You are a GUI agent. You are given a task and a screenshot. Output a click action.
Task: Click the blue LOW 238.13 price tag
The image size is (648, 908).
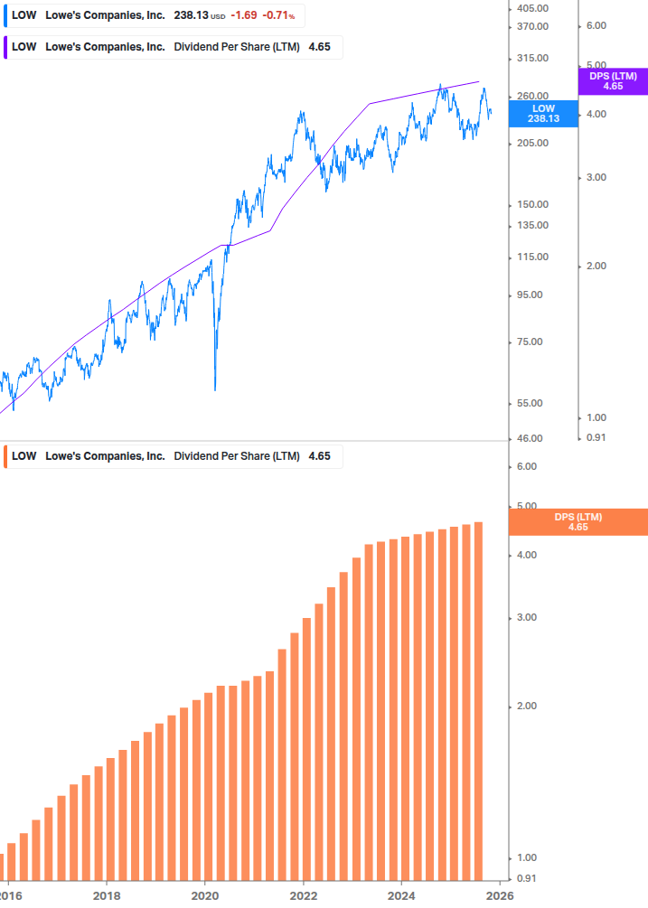(543, 113)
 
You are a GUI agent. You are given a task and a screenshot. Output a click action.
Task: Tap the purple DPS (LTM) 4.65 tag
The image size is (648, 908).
(613, 81)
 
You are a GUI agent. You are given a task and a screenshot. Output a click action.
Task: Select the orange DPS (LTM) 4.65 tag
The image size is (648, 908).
(578, 521)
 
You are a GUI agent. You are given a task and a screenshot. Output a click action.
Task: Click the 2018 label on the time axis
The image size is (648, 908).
(107, 896)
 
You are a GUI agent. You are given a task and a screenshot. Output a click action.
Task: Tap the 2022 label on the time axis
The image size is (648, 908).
(304, 896)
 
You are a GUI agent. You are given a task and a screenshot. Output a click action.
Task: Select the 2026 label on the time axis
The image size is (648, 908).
(500, 896)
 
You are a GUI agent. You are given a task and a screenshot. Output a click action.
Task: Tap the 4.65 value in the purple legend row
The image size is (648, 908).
(320, 47)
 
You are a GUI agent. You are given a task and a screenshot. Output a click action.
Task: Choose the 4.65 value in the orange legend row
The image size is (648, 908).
(320, 456)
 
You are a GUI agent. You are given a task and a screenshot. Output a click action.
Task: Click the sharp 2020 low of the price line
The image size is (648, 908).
(215, 389)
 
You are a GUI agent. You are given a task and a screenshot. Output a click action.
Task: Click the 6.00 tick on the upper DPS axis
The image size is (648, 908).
(596, 26)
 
